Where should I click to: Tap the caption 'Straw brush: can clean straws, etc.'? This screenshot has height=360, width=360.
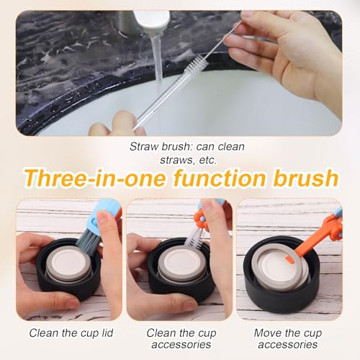[x=186, y=153]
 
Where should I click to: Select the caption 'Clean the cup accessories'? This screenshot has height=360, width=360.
[x=180, y=339]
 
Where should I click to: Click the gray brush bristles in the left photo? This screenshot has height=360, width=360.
[x=88, y=241]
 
